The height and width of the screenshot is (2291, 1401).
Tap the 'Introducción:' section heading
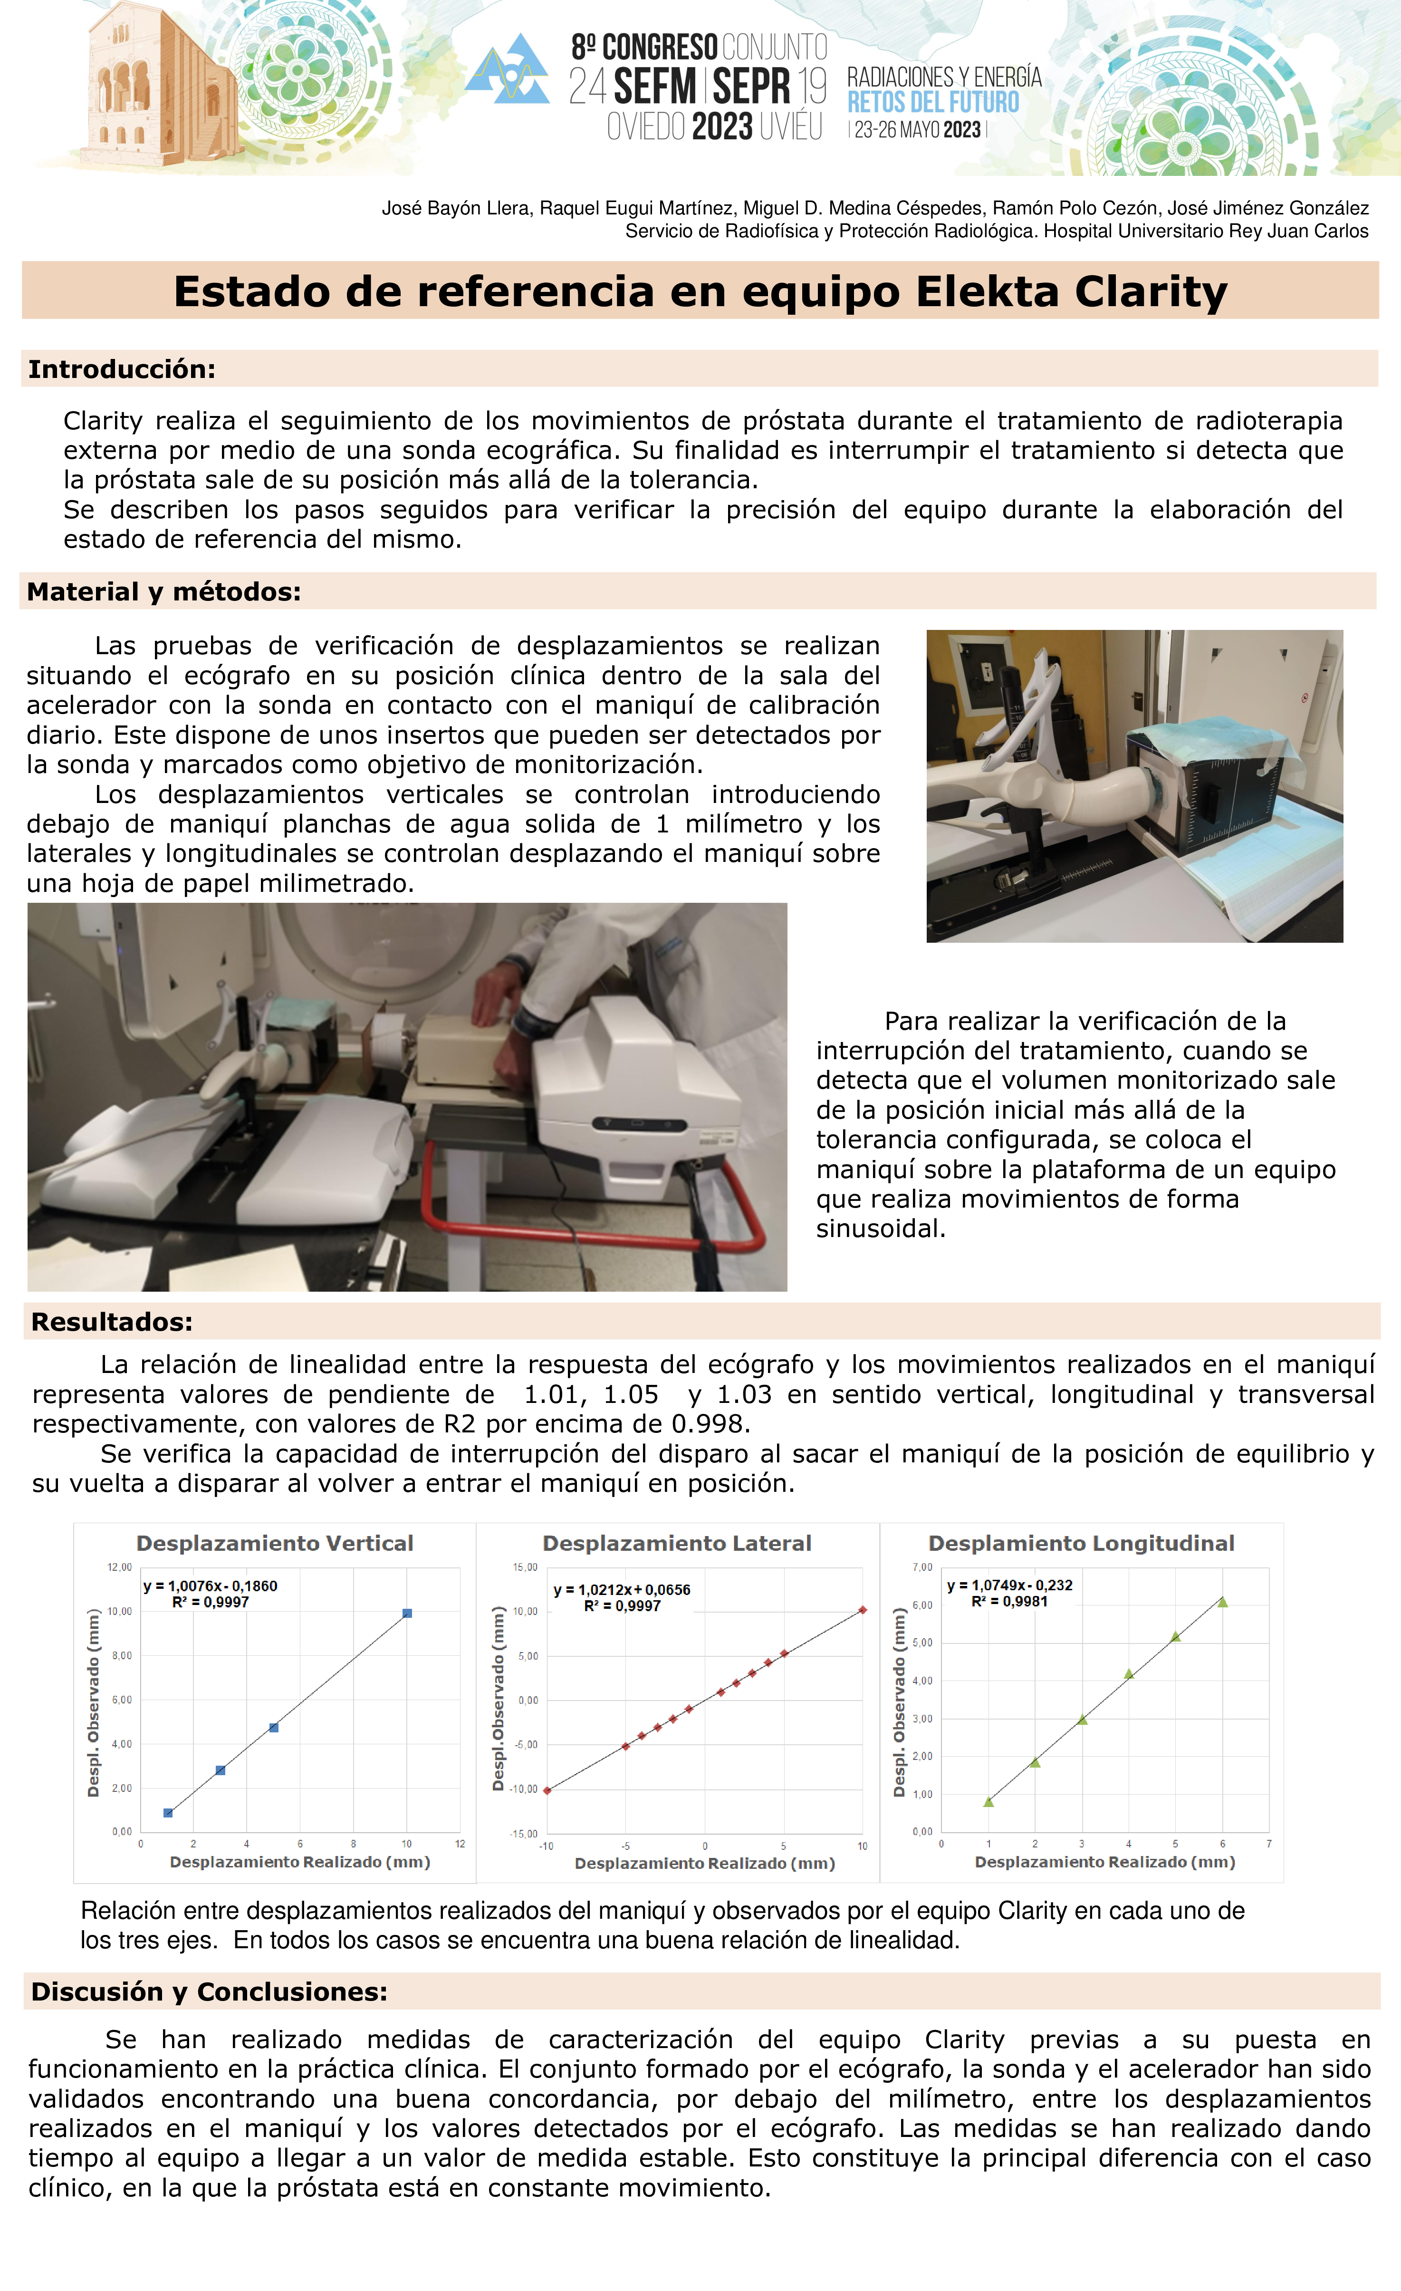point(122,369)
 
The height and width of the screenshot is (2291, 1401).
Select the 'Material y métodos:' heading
point(163,591)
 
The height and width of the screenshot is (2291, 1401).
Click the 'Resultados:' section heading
point(112,1321)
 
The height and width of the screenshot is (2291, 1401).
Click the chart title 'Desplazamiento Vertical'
point(274,1543)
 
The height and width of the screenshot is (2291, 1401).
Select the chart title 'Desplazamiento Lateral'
point(677,1543)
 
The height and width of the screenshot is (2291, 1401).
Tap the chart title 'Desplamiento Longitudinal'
point(1081,1543)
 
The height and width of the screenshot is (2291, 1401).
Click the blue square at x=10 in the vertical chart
point(407,1613)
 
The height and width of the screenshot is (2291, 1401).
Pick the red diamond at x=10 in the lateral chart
point(863,1609)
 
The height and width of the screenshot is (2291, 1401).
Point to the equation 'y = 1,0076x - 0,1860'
point(210,1585)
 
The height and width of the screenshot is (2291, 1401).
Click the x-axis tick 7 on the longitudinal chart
point(1269,1843)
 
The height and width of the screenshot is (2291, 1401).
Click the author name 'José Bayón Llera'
point(456,208)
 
